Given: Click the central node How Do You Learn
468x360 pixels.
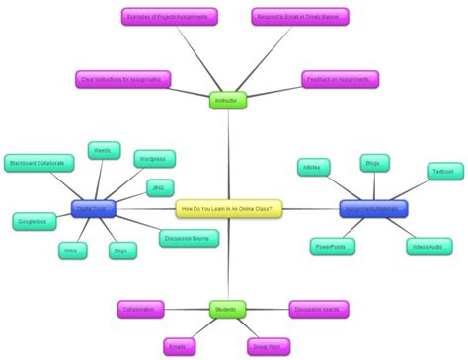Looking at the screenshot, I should click(229, 208).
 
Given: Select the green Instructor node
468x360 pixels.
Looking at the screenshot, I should click(227, 100).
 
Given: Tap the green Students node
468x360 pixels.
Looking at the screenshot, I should click(227, 310).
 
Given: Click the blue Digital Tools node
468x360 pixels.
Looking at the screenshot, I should click(96, 208).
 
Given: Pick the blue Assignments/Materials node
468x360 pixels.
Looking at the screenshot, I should click(374, 209).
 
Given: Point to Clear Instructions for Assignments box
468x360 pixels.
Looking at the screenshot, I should click(122, 79).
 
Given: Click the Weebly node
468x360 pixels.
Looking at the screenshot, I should click(102, 150).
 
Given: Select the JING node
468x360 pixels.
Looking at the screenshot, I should click(158, 186).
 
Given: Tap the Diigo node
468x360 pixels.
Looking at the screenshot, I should click(119, 252).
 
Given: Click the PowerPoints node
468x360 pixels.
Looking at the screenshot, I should click(331, 246).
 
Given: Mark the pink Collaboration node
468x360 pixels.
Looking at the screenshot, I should click(139, 310).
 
